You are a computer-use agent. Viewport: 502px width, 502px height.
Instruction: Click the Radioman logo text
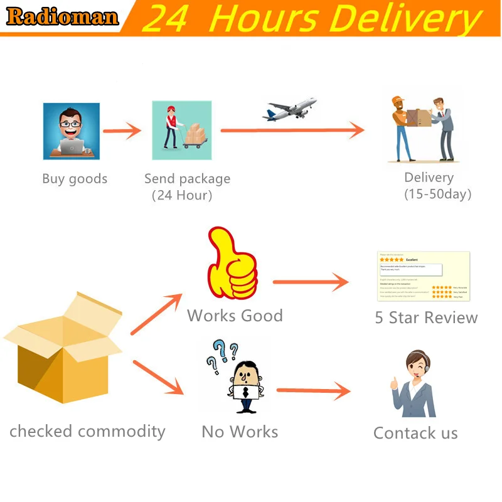tap(62, 17)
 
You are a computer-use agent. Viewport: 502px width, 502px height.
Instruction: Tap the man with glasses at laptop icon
tap(71, 131)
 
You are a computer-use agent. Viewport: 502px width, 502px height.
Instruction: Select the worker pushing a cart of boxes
tap(181, 130)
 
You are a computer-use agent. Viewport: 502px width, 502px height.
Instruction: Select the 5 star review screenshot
tap(424, 276)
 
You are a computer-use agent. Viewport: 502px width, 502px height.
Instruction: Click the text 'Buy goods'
tap(75, 179)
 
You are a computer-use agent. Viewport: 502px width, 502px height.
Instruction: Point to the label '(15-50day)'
tap(438, 194)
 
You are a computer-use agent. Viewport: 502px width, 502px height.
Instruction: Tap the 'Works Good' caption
tap(235, 315)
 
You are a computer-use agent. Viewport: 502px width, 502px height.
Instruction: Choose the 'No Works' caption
tap(240, 432)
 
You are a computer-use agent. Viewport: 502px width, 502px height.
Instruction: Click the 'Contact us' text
tap(415, 433)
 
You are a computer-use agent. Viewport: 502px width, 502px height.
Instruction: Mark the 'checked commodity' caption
tap(87, 431)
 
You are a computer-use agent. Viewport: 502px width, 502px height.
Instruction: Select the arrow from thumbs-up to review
tap(311, 282)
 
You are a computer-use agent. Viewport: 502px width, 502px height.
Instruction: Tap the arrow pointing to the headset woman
tap(313, 392)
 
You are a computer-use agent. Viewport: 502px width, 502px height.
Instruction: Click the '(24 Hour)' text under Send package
tap(182, 195)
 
